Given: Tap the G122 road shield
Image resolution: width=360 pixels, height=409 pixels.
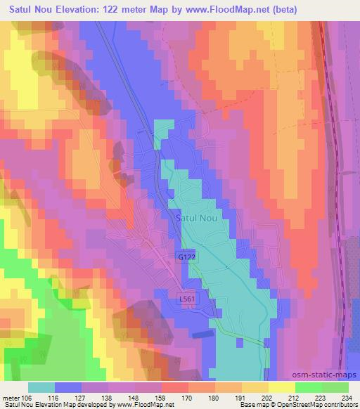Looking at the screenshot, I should click(x=184, y=259).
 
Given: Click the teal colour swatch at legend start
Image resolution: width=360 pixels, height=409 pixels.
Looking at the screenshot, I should click(x=41, y=387).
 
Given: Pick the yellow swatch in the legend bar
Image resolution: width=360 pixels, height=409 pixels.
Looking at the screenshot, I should click(x=282, y=387).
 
